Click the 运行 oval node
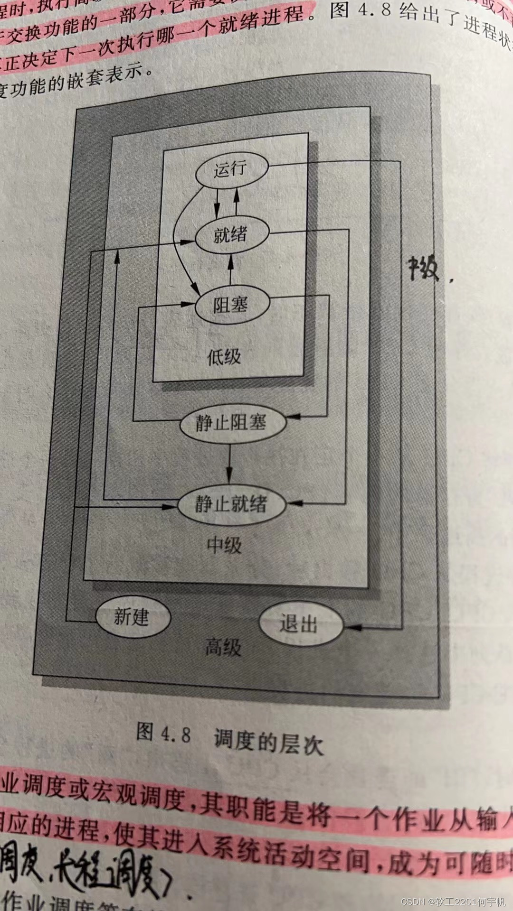[231, 169]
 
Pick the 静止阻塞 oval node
[232, 422]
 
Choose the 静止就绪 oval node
[231, 504]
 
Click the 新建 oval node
[133, 617]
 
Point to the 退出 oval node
[300, 623]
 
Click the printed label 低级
[224, 356]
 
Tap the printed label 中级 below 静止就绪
[224, 545]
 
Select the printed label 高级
[223, 647]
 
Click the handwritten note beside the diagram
[424, 269]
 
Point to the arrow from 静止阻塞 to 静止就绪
[229, 463]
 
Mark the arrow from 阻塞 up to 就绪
[231, 269]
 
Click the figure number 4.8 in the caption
[175, 734]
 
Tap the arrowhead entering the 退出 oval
[352, 627]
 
